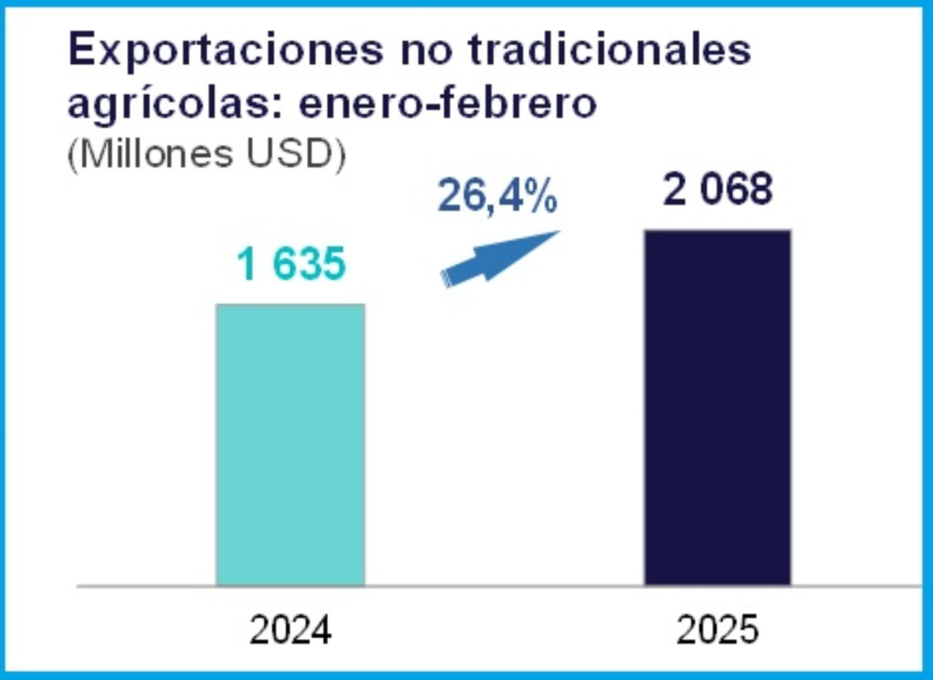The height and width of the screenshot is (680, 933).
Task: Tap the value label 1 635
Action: pos(291,265)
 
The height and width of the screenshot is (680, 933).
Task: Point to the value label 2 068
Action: pos(718,191)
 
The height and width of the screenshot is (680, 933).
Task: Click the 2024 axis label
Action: pos(291,631)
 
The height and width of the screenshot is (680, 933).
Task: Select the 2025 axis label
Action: pos(718,631)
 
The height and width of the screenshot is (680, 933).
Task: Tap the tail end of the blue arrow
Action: pos(446,279)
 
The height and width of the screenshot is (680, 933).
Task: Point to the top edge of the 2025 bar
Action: pos(717,231)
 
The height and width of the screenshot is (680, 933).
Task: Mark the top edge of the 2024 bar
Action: pos(290,304)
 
